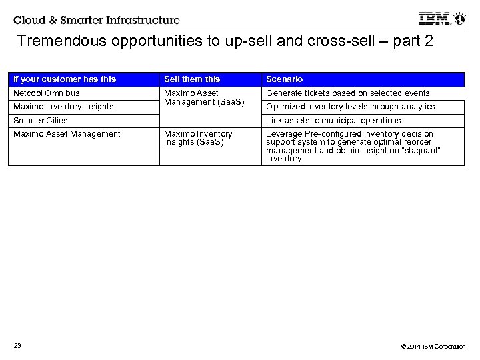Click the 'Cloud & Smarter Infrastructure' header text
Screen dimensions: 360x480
96,20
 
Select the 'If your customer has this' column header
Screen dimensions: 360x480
65,79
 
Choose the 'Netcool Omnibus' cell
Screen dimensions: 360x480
46,93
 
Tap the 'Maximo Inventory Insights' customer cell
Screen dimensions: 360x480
63,107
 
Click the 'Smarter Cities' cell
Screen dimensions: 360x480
40,121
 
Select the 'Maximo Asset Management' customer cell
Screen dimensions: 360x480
67,134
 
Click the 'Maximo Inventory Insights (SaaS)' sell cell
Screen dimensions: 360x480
198,138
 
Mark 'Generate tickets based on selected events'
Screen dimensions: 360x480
348,93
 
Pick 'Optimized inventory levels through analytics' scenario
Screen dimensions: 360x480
350,107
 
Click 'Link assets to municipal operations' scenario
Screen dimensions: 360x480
333,121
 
